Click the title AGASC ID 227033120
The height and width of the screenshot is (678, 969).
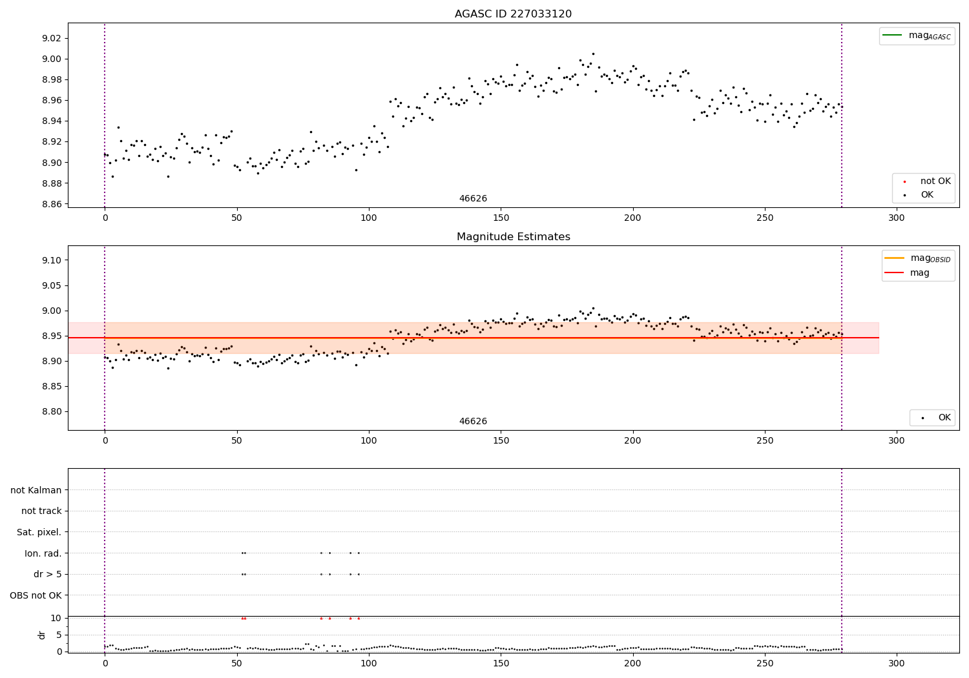point(513,14)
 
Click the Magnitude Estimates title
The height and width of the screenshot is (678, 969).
point(513,237)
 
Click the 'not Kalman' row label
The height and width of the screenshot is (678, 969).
point(36,490)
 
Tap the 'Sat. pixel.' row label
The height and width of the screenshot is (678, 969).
point(39,532)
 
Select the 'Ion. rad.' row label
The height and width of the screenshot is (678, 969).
point(43,553)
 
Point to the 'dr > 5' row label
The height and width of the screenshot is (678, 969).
point(48,574)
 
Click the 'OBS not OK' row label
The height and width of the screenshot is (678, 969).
point(36,595)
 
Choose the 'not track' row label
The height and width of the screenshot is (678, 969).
point(41,511)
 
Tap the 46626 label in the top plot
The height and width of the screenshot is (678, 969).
point(473,199)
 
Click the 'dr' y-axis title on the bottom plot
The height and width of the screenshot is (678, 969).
point(42,635)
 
